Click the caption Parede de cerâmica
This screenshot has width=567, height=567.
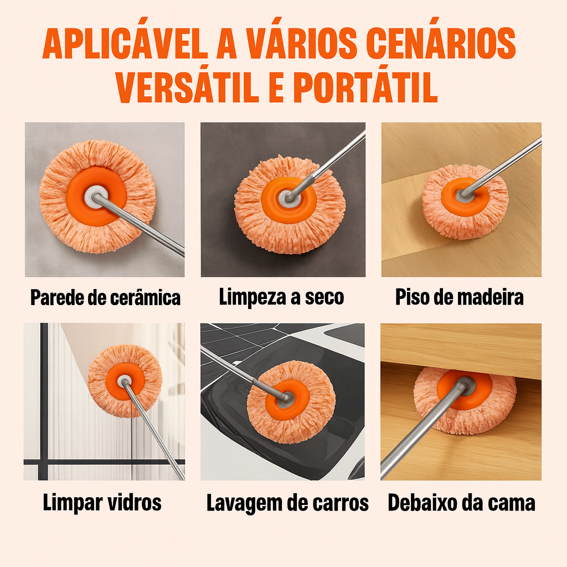(x=105, y=297)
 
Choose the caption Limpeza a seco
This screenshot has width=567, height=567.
(x=281, y=297)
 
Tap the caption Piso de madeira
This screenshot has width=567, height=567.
(x=459, y=297)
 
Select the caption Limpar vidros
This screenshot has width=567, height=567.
(x=102, y=503)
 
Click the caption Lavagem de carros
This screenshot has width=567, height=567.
(x=287, y=503)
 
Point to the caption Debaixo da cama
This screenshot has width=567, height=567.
(x=461, y=503)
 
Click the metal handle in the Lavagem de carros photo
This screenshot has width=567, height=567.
(x=246, y=375)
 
